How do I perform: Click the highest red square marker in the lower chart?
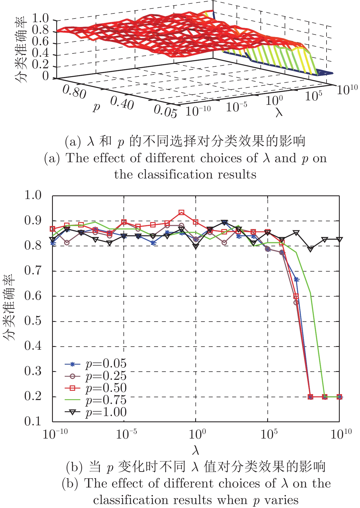pyautogui.click(x=181, y=212)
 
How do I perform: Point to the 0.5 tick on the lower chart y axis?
pyautogui.click(x=33, y=321)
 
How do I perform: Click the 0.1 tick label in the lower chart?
pyautogui.click(x=33, y=421)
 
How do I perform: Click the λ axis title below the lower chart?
pyautogui.click(x=196, y=451)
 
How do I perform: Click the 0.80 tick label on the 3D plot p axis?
pyautogui.click(x=74, y=92)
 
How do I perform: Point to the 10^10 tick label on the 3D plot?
pyautogui.click(x=347, y=89)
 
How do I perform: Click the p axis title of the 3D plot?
pyautogui.click(x=96, y=107)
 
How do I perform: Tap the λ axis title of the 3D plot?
pyautogui.click(x=279, y=112)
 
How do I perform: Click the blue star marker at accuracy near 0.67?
pyautogui.click(x=296, y=279)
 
